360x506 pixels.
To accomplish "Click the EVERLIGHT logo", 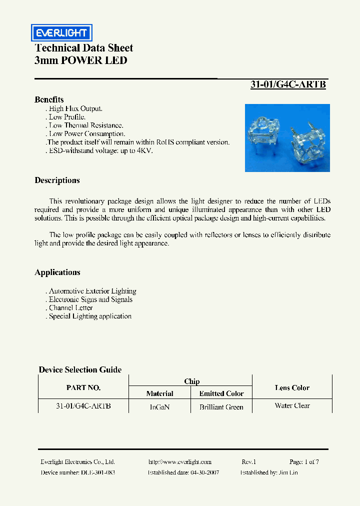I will click(x=60, y=33).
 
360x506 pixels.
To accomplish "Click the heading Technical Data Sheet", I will click(x=83, y=48).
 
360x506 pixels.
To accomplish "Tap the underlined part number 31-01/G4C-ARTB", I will click(x=288, y=84).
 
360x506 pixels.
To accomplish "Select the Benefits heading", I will click(x=49, y=99).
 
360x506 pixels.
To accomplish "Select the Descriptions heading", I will click(x=57, y=180).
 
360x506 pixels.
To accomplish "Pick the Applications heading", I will click(x=57, y=272).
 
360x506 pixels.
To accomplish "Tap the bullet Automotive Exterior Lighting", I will click(x=92, y=291).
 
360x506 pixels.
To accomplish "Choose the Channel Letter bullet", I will click(x=70, y=308).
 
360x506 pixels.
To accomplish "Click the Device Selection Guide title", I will click(x=80, y=370).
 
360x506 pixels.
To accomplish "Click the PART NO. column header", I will click(x=83, y=387).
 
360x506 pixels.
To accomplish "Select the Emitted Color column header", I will click(x=221, y=393).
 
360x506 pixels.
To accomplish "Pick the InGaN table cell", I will click(x=159, y=407).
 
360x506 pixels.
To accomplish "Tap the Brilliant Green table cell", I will click(x=221, y=407).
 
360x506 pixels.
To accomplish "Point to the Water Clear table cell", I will click(x=292, y=405).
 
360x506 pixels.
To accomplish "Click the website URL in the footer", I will click(x=180, y=462).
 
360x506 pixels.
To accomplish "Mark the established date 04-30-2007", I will click(x=200, y=472).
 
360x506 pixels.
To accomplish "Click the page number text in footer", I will click(x=303, y=462).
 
